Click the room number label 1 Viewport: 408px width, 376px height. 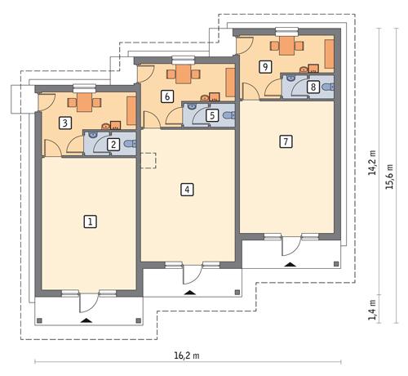coord(91,221)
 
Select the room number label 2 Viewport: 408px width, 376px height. coord(114,145)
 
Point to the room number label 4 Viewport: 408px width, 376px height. coord(187,190)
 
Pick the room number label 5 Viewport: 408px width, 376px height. coord(212,116)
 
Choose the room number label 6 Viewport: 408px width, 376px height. coord(167,96)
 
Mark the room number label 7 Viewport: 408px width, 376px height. coord(285,141)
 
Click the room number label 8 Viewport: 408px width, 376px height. coord(312,87)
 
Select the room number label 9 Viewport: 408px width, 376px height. coord(265,66)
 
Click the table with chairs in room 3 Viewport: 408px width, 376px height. coord(85,104)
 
